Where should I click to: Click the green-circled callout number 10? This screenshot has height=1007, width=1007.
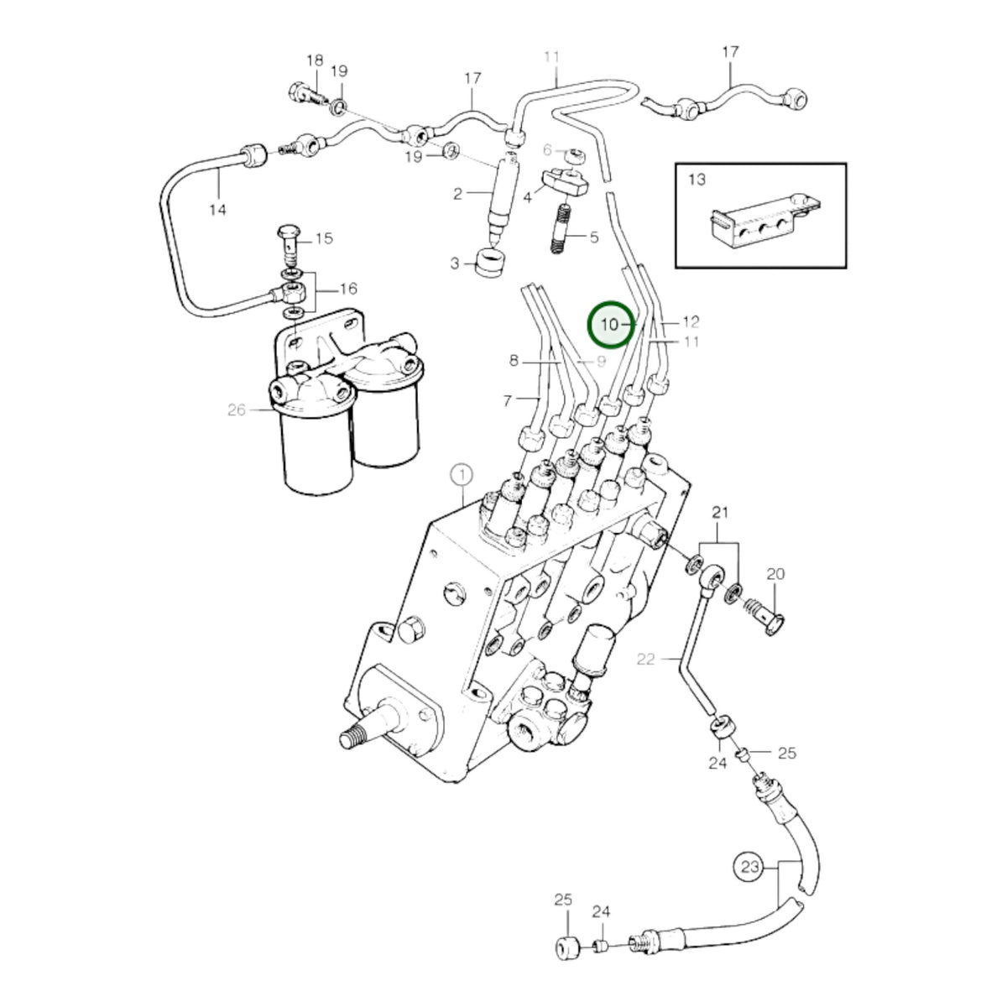pos(610,325)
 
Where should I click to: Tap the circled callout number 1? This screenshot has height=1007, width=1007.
pos(462,476)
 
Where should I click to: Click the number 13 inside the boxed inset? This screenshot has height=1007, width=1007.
pos(697,180)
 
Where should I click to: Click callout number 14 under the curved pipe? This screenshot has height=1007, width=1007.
pos(217,210)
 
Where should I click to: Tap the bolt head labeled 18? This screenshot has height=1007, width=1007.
pos(299,92)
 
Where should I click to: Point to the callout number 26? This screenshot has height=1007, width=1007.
pos(236,410)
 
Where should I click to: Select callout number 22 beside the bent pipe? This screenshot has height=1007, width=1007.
pos(645,659)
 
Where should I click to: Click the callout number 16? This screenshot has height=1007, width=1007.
pos(348,289)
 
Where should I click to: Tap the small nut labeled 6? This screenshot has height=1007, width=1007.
pos(577,155)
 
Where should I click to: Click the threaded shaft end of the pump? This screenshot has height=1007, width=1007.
pos(354,739)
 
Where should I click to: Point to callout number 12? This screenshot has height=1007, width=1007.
pos(691,322)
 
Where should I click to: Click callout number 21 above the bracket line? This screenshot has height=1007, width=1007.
pos(720,513)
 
